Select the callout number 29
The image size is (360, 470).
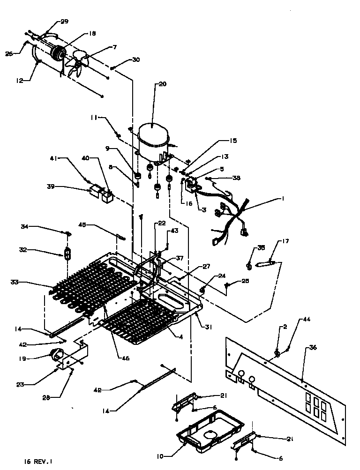[64, 22]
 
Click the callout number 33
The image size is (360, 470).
[15, 282]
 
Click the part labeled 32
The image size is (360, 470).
[67, 254]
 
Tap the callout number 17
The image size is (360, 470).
[285, 241]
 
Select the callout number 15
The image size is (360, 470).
[233, 141]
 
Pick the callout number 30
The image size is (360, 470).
[136, 60]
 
